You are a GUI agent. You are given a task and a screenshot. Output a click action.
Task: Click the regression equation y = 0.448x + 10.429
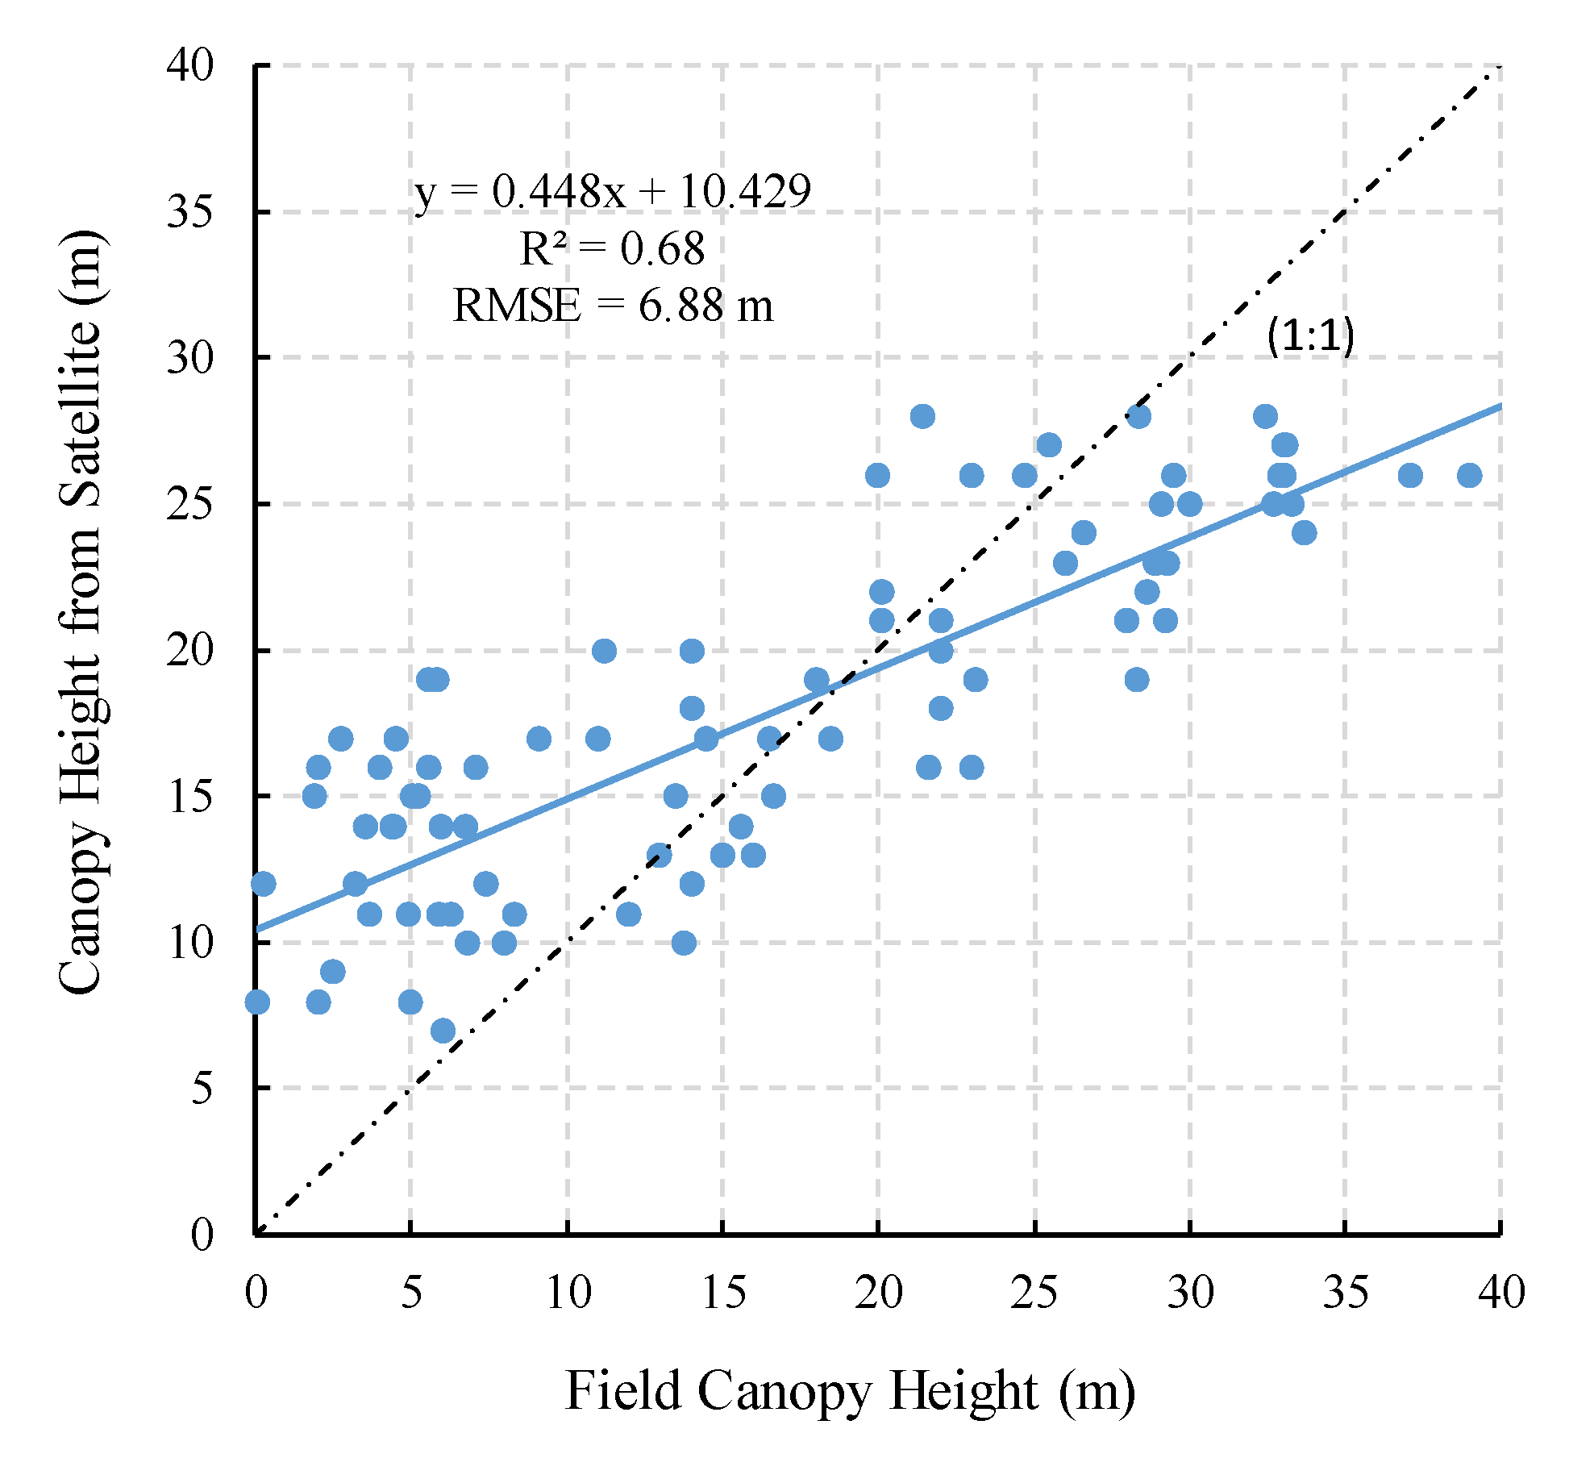tap(613, 192)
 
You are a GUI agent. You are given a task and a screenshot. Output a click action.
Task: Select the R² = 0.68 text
tap(613, 248)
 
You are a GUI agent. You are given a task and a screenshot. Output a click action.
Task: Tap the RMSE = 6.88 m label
tap(613, 306)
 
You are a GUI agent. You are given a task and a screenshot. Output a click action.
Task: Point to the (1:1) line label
tap(1310, 335)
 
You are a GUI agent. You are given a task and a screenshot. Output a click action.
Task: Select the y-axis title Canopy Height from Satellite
tap(81, 613)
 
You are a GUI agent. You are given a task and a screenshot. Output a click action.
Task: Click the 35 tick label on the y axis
tap(190, 212)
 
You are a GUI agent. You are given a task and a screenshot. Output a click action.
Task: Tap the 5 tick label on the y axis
tap(202, 1088)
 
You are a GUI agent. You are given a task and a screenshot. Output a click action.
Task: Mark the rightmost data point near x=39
tap(1469, 475)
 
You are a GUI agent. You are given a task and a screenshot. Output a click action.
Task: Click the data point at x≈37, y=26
tap(1409, 475)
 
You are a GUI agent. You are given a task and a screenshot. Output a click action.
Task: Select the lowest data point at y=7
tap(443, 1030)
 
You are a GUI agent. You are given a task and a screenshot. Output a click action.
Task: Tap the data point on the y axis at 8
tap(257, 1002)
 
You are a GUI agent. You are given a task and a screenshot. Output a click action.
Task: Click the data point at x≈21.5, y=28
tap(922, 416)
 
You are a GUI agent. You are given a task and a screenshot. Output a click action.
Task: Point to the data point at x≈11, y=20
tap(604, 651)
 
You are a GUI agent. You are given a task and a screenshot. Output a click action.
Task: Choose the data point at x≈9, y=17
tap(539, 738)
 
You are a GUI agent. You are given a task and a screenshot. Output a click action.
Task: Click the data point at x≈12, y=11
tap(628, 914)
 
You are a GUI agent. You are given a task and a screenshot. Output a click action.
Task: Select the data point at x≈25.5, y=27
tap(1049, 444)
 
